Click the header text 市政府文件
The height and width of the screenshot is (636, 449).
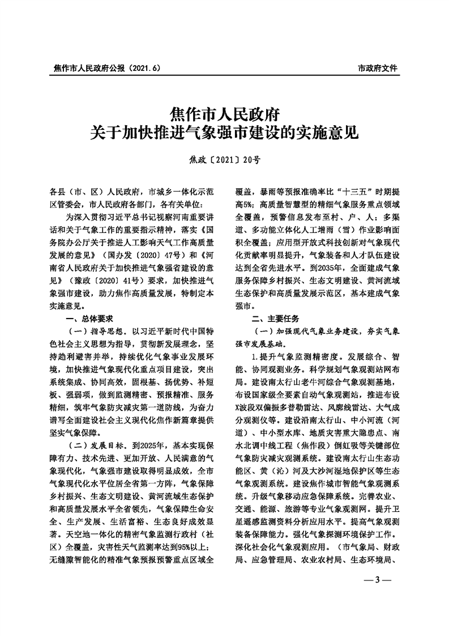(378, 68)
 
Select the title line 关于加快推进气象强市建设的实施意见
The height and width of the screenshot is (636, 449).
(224, 134)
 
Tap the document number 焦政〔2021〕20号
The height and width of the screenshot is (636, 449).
(224, 160)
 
